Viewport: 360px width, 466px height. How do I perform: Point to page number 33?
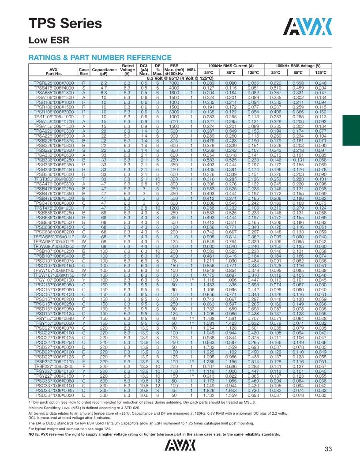pos(328,449)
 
